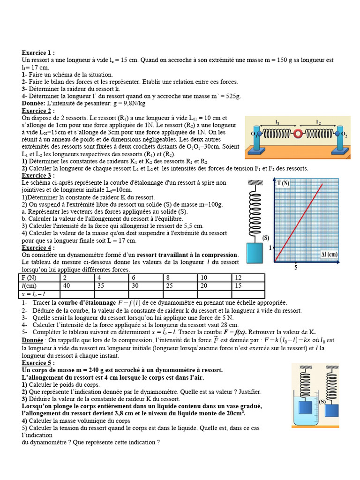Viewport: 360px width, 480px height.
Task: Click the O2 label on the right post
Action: pyautogui.click(x=344, y=135)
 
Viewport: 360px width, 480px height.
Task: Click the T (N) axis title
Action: pyautogui.click(x=283, y=183)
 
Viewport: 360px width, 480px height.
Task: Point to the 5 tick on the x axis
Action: pyautogui.click(x=296, y=268)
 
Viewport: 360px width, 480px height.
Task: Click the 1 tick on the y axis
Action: pyautogui.click(x=270, y=247)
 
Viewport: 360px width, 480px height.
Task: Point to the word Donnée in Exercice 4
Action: pyautogui.click(x=32, y=340)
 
